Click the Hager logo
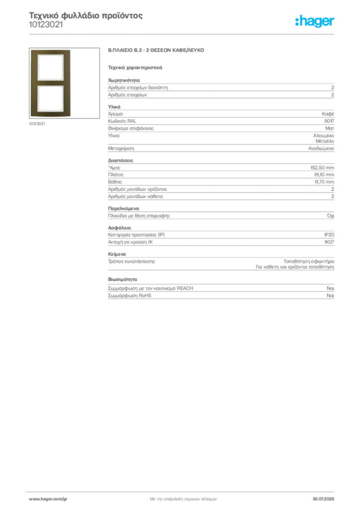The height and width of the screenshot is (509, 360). tap(315, 21)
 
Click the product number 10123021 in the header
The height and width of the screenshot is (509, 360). tap(46, 25)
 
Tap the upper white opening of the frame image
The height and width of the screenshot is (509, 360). tap(50, 67)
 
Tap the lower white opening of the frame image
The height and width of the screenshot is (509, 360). tap(50, 99)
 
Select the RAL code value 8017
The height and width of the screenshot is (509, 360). tap(329, 121)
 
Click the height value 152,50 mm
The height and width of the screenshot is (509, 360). tap(322, 168)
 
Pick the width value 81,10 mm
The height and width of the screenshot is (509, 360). tap(324, 174)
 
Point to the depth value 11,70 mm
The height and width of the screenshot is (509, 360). tap(324, 182)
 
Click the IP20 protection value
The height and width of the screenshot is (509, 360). tap(329, 235)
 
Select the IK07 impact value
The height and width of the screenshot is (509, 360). tap(329, 242)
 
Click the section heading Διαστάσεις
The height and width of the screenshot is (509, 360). tap(120, 161)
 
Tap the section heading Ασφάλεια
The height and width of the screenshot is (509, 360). tap(119, 228)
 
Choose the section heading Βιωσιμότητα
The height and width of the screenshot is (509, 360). tap(122, 279)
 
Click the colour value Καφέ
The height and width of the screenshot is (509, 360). tap(328, 114)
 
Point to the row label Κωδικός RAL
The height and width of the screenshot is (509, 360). tap(122, 121)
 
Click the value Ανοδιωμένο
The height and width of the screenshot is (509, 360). tap(321, 148)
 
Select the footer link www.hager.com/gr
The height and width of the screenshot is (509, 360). tap(48, 499)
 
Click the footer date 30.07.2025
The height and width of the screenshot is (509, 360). tap(323, 499)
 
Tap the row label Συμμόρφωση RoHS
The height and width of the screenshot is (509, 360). tap(129, 296)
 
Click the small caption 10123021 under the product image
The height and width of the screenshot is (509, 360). tap(37, 124)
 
